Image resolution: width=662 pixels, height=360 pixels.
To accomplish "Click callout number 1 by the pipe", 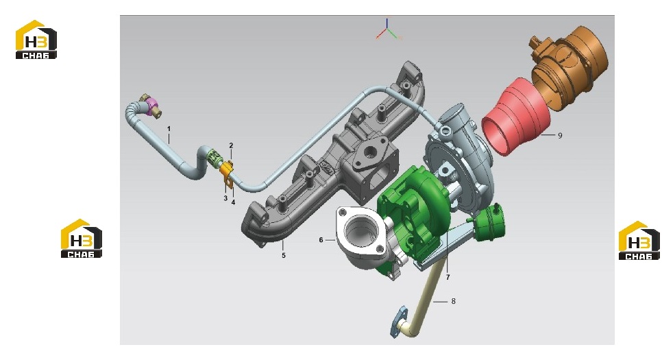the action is tap(169, 128).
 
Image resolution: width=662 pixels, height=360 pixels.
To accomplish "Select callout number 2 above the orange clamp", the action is tap(231, 145).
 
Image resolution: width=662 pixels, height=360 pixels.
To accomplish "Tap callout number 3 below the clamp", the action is tap(225, 197).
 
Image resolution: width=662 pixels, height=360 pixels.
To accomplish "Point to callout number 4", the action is tap(233, 202).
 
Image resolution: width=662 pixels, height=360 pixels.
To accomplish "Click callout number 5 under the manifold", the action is tap(284, 255).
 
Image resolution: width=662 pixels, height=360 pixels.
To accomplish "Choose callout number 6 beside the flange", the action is tap(321, 240).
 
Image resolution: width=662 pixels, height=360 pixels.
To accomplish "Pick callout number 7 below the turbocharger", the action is tap(448, 277).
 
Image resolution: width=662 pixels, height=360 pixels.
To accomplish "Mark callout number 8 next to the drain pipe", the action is tap(454, 301).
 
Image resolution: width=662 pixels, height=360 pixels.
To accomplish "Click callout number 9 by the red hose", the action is tap(560, 136).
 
